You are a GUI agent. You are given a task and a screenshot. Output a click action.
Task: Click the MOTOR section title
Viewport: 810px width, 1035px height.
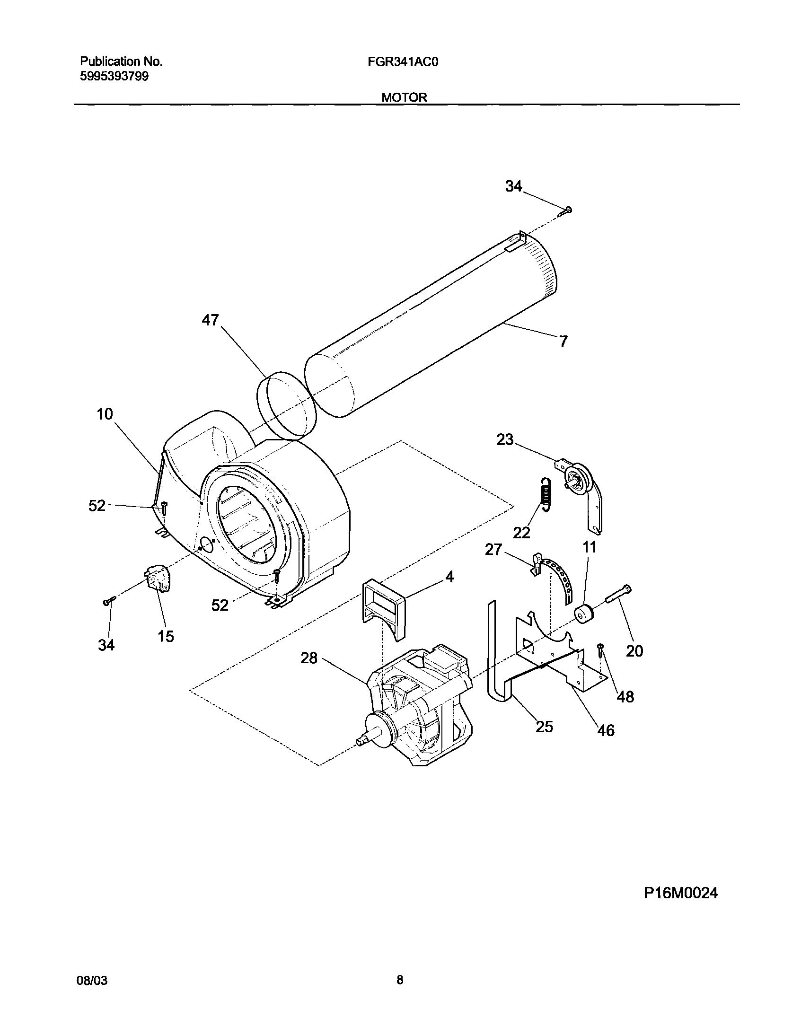pyautogui.click(x=404, y=97)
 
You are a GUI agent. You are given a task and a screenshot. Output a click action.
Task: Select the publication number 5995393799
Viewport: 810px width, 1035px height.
pyautogui.click(x=114, y=76)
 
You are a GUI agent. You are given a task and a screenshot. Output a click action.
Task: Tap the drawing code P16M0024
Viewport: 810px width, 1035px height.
pyautogui.click(x=680, y=893)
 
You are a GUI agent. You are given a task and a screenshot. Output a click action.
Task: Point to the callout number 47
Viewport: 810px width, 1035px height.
pyautogui.click(x=210, y=321)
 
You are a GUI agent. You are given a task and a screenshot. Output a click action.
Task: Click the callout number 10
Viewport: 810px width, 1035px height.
pyautogui.click(x=105, y=414)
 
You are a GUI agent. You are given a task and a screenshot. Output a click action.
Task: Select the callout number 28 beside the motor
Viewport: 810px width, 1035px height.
pyautogui.click(x=309, y=658)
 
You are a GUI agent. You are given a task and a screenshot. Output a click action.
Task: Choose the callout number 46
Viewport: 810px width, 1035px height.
pyautogui.click(x=606, y=731)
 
